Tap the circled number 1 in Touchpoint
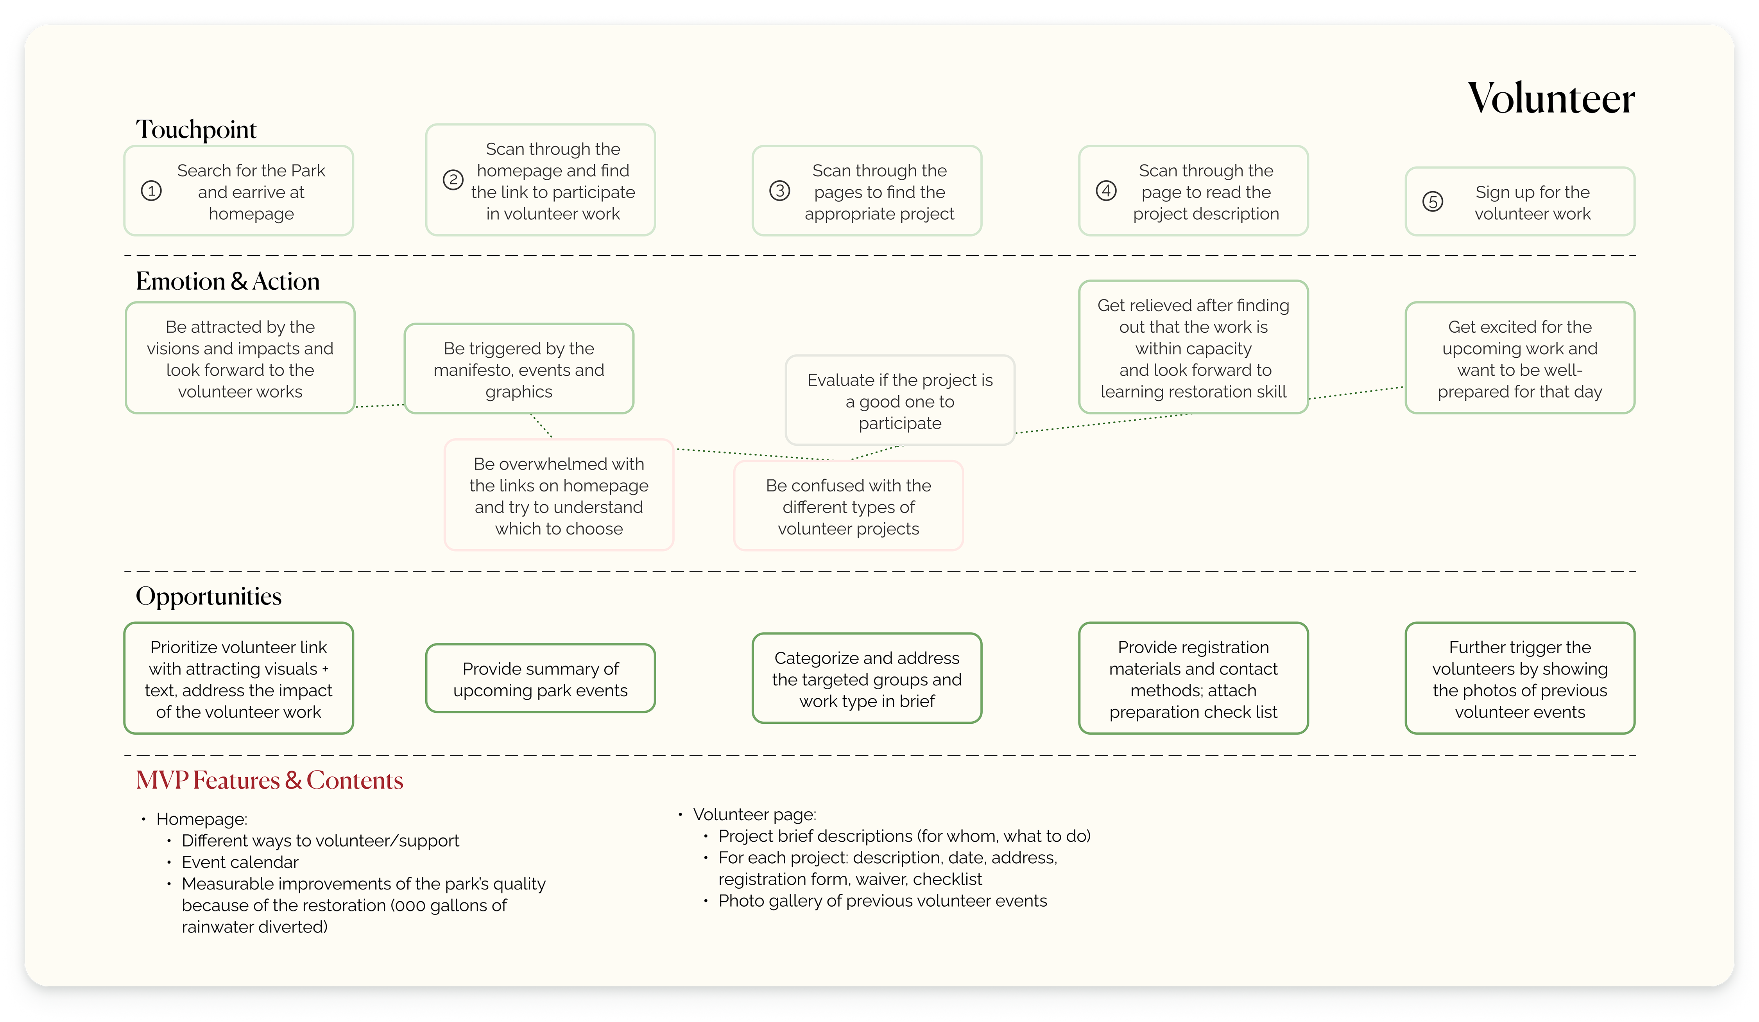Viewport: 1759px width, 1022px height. [x=152, y=190]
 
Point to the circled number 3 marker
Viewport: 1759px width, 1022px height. [x=780, y=190]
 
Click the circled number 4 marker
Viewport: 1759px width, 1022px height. [x=1106, y=190]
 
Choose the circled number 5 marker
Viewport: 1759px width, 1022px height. [x=1433, y=202]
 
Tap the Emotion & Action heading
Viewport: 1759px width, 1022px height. [x=227, y=281]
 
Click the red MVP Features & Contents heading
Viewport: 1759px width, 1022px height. [x=269, y=780]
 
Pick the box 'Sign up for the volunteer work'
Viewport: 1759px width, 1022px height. [x=1520, y=202]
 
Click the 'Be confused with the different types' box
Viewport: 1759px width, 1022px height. [x=848, y=506]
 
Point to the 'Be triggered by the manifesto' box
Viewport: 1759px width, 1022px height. [x=519, y=369]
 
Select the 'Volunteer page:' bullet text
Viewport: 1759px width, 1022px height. [x=754, y=815]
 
